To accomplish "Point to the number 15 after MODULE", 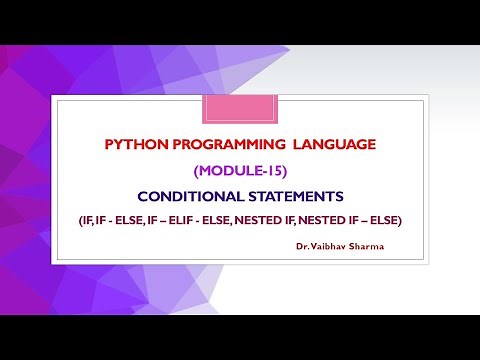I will (263, 170).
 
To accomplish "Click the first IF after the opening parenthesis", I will (88, 219).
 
